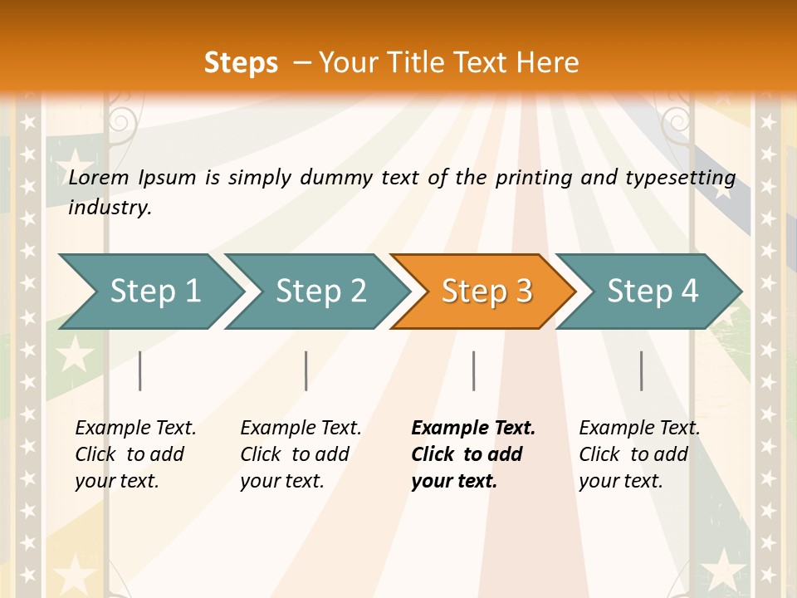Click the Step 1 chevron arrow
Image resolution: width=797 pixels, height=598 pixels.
[154, 291]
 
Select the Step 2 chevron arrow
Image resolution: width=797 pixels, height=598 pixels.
[320, 291]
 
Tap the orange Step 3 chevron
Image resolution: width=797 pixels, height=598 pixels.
[486, 291]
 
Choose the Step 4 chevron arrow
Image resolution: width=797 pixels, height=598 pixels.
[652, 291]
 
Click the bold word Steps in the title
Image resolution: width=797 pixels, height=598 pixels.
[241, 63]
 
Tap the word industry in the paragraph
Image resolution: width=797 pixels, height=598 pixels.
[110, 208]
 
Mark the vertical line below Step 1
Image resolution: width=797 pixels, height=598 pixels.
[140, 370]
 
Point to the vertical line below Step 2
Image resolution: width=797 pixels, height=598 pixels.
[306, 370]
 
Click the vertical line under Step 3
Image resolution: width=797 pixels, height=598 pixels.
[473, 370]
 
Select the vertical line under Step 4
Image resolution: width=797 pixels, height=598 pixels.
[641, 370]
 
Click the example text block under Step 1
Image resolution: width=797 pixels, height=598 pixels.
[135, 454]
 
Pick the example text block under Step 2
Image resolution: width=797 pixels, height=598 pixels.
[301, 454]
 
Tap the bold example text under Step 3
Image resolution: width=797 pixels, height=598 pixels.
[473, 454]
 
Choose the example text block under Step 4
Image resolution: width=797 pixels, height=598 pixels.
[639, 454]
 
